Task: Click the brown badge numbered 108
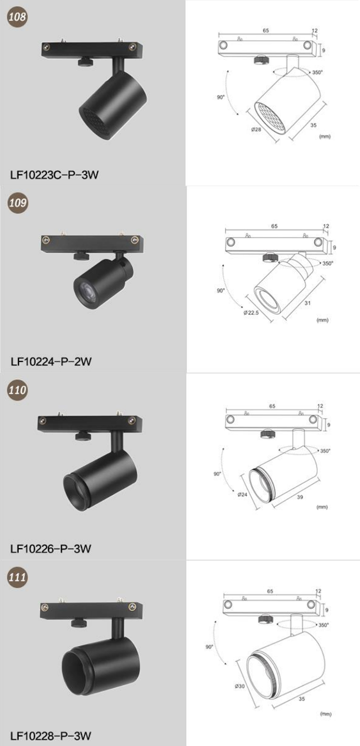point(17,16)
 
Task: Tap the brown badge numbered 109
point(17,202)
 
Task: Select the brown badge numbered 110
point(17,390)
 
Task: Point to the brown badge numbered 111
point(17,577)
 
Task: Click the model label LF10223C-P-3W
point(54,175)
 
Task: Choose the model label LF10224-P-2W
point(51,361)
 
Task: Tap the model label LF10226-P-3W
point(50,549)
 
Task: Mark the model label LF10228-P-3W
point(50,736)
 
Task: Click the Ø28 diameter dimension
point(256,129)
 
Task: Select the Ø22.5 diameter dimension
point(251,313)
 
